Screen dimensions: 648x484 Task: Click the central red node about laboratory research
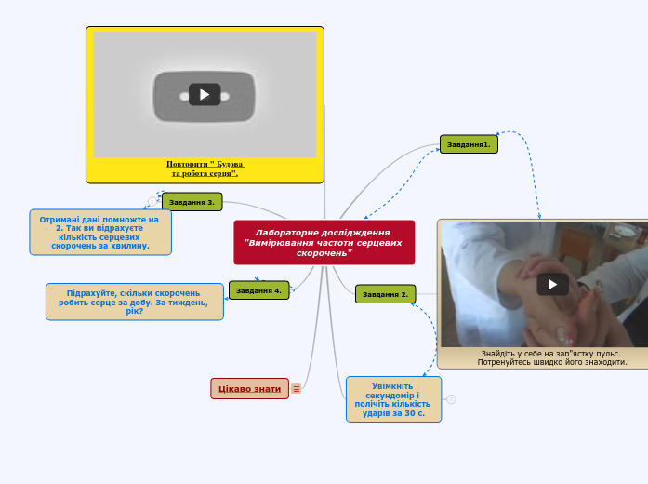point(324,242)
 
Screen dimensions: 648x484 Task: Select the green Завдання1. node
point(469,144)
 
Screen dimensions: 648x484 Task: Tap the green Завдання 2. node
point(385,294)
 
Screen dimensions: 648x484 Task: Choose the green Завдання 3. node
point(192,202)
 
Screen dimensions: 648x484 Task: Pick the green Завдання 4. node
point(258,290)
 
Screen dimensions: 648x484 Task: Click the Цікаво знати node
point(249,388)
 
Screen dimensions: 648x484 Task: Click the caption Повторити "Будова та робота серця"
point(205,168)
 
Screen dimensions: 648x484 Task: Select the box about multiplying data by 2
point(99,232)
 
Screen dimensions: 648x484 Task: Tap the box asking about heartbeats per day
point(134,302)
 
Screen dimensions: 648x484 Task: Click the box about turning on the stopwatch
point(393,398)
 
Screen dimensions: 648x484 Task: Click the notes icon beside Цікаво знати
point(297,389)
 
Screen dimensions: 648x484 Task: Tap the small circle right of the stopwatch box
point(451,399)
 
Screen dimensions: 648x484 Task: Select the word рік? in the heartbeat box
point(134,311)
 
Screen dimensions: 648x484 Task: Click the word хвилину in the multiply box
point(128,246)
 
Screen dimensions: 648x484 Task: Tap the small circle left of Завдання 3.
point(152,202)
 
